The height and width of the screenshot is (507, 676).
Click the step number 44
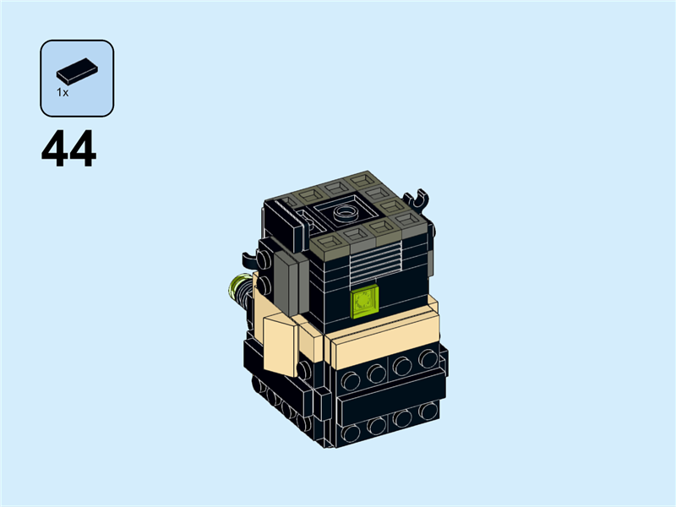(68, 150)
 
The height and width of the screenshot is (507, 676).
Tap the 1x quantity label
(63, 93)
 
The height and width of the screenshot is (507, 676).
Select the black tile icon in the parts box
(77, 69)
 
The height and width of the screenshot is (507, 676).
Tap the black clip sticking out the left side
(246, 257)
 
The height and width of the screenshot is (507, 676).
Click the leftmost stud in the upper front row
(349, 375)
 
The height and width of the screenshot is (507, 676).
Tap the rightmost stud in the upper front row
(428, 358)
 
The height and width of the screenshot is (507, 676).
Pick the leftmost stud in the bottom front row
(349, 433)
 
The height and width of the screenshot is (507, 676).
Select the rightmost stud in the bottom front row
(429, 411)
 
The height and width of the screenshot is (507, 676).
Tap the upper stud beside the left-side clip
(265, 263)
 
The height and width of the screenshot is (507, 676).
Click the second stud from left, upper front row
(375, 370)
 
